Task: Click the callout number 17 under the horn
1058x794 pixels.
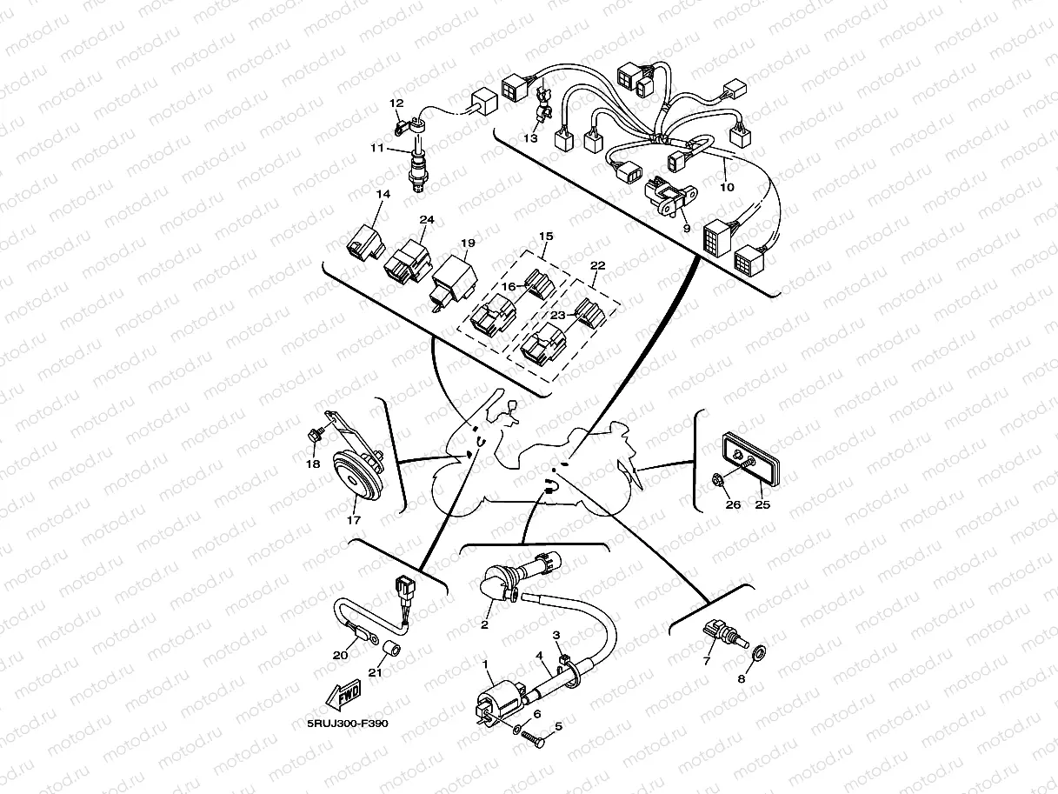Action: pyautogui.click(x=354, y=521)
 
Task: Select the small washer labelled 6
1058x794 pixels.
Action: pyautogui.click(x=518, y=728)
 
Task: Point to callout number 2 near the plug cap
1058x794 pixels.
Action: pyautogui.click(x=485, y=624)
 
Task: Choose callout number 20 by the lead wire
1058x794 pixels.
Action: pyautogui.click(x=340, y=655)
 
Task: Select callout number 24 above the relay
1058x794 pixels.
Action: pyautogui.click(x=427, y=219)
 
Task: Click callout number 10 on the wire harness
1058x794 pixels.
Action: pyautogui.click(x=727, y=187)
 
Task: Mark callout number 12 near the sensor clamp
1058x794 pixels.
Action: pyautogui.click(x=396, y=103)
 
